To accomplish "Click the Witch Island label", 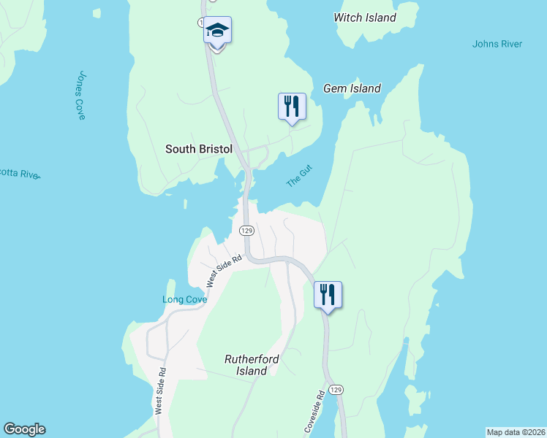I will tap(364, 18).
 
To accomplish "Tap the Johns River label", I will tap(497, 44).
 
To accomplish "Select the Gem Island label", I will tap(352, 88).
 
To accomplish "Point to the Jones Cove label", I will tap(82, 95).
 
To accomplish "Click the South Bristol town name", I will tap(198, 149).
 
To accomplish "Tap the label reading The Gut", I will tap(300, 177).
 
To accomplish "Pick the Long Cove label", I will tap(184, 299).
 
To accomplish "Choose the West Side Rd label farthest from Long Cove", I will tap(161, 391).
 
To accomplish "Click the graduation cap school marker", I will tap(217, 31).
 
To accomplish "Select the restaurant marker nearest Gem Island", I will tap(292, 107).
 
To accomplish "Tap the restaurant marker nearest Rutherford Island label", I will tap(328, 295).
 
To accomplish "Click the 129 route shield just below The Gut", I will tap(246, 230).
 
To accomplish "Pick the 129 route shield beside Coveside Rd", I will tap(336, 391).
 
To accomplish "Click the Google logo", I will tap(24, 429).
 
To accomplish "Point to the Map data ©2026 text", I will tap(516, 432).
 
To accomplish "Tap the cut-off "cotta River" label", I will tap(20, 174).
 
